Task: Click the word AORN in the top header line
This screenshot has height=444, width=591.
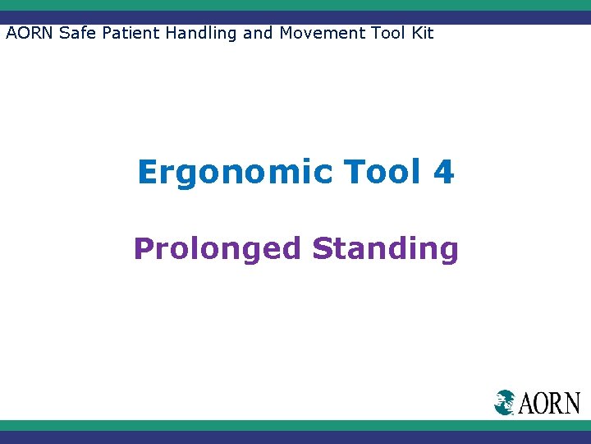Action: coord(28,34)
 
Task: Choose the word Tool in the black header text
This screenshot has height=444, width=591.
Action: coord(383,34)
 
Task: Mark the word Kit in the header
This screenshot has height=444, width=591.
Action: coord(420,34)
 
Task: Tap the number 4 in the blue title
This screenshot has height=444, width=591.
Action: coord(442,173)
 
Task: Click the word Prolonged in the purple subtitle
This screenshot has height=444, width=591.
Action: coord(218,248)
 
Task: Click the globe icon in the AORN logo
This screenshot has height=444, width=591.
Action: coord(505,402)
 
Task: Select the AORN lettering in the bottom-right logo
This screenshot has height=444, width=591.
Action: coord(549,403)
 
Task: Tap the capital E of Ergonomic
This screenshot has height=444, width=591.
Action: coord(149,173)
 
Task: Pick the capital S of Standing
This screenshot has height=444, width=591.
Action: coord(323,247)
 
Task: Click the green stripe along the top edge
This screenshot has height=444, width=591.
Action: coord(295,5)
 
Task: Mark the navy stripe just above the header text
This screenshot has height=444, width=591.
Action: coord(295,17)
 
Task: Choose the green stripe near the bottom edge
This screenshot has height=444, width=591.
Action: coord(295,425)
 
